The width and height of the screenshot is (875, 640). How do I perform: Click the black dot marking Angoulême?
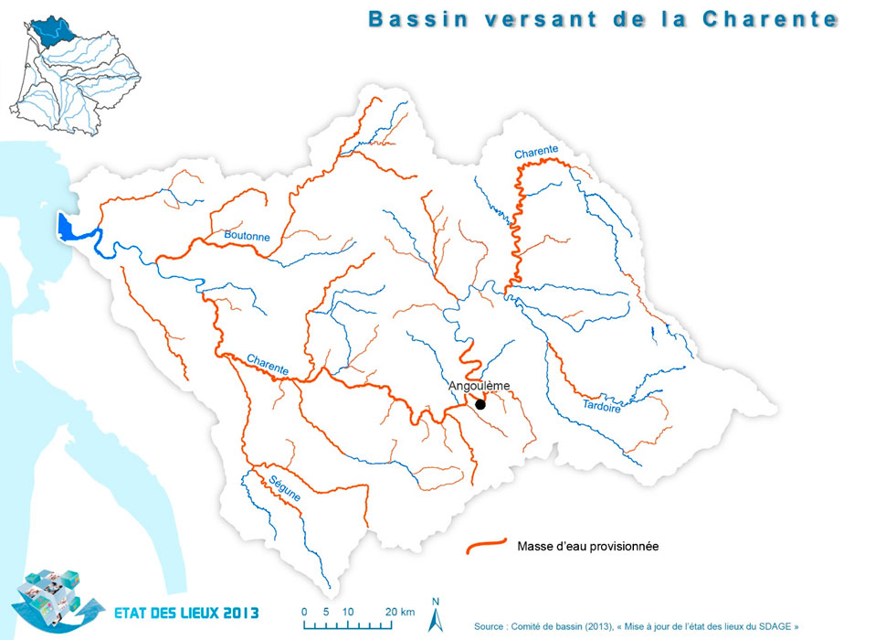480,403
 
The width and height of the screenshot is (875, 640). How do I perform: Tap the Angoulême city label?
479,387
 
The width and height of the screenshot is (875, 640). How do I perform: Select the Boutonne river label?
247,236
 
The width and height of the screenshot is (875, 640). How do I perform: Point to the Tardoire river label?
601,405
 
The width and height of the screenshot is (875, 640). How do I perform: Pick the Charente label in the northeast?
535,153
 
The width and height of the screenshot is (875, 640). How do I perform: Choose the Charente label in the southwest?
269,363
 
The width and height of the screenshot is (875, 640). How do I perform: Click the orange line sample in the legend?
486,547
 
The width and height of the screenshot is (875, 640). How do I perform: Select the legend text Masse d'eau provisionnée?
587,547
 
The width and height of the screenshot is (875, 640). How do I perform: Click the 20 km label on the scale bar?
399,611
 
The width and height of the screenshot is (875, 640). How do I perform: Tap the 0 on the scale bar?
304,611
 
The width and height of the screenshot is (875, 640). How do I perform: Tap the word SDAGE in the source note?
775,626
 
